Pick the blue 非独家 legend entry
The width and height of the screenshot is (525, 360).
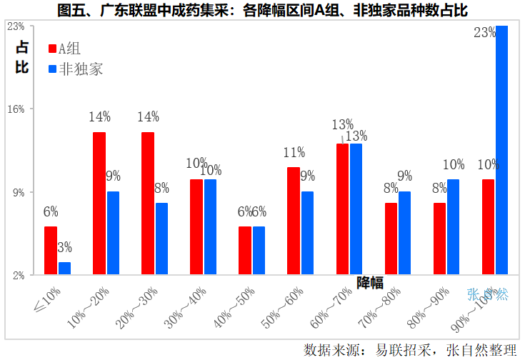(75, 69)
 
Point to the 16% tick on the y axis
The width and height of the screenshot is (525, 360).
(16, 109)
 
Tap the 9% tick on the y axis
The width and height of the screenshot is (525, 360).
(18, 192)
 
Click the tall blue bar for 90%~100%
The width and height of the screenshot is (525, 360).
(501, 150)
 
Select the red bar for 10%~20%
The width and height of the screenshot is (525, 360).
(99, 204)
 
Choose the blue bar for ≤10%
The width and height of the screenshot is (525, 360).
(64, 269)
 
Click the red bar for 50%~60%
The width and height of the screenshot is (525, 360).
(293, 221)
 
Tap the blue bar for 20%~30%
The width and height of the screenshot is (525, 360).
(161, 239)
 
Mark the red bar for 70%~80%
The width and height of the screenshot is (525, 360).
(391, 239)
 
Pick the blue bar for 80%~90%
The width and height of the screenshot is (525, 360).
(453, 227)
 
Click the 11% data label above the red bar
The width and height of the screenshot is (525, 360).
(294, 152)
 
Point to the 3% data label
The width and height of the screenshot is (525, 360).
(64, 248)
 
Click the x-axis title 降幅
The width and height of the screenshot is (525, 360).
(370, 282)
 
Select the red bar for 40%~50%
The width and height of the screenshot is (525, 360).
(245, 251)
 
